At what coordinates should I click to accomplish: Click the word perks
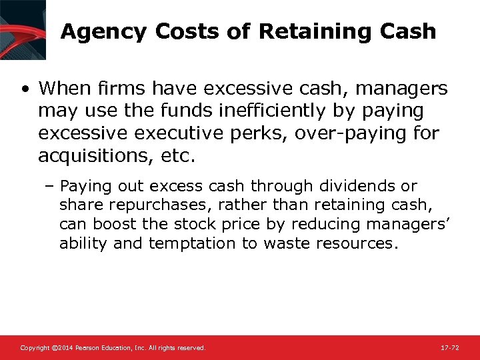point(266,133)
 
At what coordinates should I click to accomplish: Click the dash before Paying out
point(52,187)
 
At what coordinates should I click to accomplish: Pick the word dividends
point(352,186)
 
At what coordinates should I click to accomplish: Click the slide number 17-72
point(450,348)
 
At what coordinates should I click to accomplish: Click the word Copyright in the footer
point(35,348)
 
